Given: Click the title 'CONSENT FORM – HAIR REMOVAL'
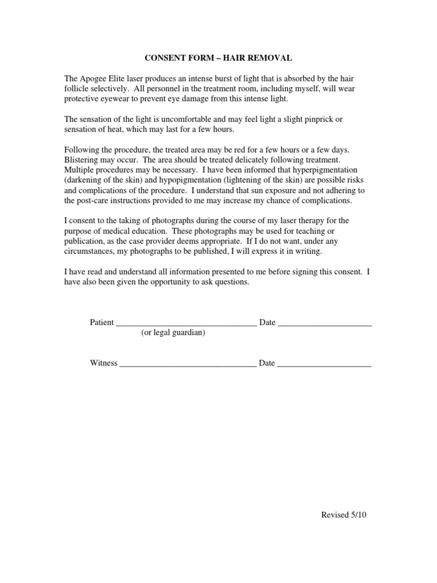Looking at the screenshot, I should tap(218, 58).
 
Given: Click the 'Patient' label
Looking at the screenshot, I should tap(102, 323).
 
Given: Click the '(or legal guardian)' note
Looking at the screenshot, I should tap(173, 333).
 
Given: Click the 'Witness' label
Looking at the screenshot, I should tap(104, 363).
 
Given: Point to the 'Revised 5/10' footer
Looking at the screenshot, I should tap(344, 515).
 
